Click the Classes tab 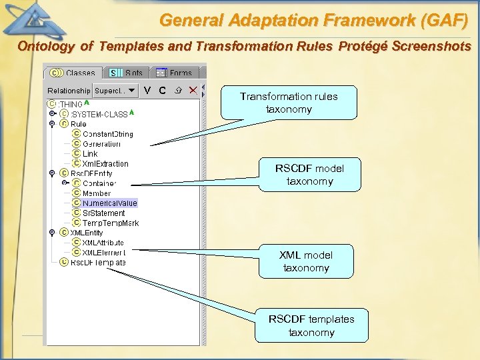click(x=74, y=73)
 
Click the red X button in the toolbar click(x=193, y=90)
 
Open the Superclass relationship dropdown click(x=115, y=90)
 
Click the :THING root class click(x=70, y=104)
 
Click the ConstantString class click(x=107, y=134)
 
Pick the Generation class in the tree click(x=101, y=144)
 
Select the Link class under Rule click(x=89, y=154)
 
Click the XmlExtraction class click(x=105, y=163)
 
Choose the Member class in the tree click(x=97, y=193)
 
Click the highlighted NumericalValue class click(x=109, y=203)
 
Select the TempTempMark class click(x=110, y=223)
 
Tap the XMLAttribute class click(x=103, y=243)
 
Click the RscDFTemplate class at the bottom click(x=97, y=263)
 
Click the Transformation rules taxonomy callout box click(x=289, y=103)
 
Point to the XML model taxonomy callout click(x=306, y=261)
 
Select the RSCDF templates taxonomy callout click(x=311, y=325)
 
